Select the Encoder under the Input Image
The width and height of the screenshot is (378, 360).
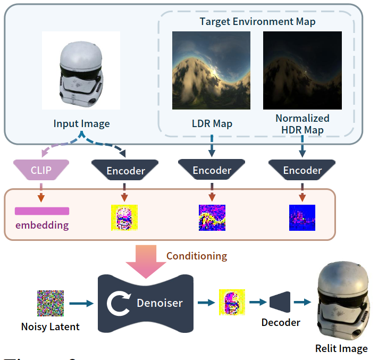click(x=125, y=170)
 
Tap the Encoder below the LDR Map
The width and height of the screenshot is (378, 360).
click(x=212, y=170)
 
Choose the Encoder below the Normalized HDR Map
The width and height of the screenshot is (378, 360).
click(x=302, y=170)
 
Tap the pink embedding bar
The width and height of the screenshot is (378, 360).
click(x=42, y=211)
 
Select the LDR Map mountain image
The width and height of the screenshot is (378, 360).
click(x=212, y=71)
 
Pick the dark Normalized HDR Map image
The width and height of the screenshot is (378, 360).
click(x=302, y=71)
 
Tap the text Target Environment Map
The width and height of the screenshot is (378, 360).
click(x=257, y=22)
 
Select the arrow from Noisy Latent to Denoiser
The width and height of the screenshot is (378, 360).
click(x=80, y=304)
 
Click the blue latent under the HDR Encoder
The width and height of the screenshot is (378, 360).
click(x=302, y=217)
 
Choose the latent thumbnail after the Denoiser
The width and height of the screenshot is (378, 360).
click(x=231, y=303)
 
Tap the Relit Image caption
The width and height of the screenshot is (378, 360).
click(x=341, y=349)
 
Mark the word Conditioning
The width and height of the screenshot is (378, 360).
click(x=197, y=256)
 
